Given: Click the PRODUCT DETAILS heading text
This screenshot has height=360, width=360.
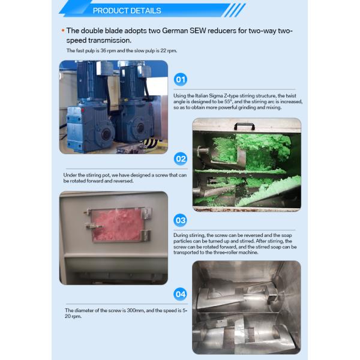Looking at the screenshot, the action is pos(127,11).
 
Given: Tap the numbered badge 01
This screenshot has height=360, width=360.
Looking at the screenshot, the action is pos(181,79).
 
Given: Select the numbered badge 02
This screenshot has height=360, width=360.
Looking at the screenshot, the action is pos(181,158).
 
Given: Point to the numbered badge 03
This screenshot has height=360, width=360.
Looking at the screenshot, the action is pos(180,220).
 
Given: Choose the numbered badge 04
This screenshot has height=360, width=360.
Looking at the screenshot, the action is pos(180,294).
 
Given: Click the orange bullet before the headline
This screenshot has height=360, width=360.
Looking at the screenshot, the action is pos(63,31).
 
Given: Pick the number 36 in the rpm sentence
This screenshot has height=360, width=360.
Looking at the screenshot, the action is pos(103,50).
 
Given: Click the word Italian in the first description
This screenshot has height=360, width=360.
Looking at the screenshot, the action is pos(202,95).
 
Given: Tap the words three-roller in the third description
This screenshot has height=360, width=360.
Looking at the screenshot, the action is pos(225,253).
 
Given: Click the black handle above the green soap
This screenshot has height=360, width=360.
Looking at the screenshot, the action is pos(244,126).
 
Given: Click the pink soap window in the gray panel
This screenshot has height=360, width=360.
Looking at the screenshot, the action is pos(118,225).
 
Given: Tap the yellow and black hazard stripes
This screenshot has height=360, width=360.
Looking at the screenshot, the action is pos(151,144).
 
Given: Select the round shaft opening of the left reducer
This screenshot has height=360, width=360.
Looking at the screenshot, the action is pos(106,134).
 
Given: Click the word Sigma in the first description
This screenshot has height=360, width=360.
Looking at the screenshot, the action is pos(216,95).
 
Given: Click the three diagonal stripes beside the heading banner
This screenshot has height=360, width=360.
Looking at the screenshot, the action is pos(235,10).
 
